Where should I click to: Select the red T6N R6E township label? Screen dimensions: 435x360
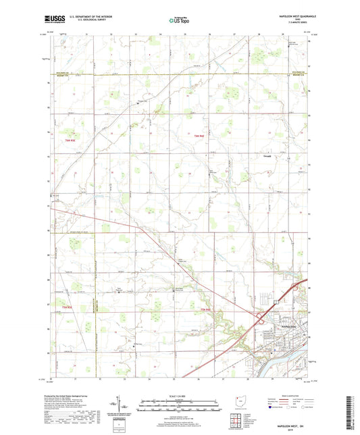[x=199, y=137]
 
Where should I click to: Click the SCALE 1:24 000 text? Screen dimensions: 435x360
[x=178, y=396]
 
